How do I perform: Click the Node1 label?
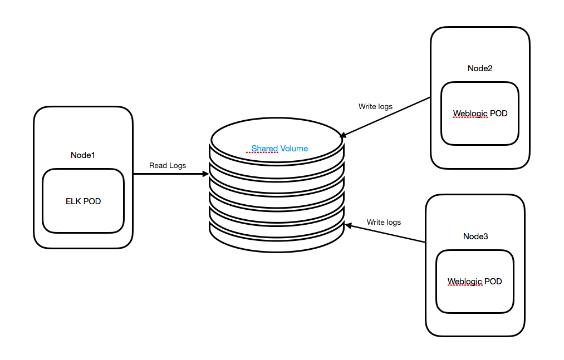coord(83,155)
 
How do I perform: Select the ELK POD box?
coord(83,201)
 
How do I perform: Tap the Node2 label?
coord(480,68)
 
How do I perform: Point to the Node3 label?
coord(475,236)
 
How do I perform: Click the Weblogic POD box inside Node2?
coord(480,114)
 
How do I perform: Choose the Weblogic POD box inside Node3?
coord(474,282)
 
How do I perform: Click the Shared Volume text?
coord(279,149)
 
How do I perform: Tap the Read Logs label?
coord(168,166)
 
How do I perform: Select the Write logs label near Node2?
coord(375,106)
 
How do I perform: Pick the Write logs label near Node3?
coord(384,223)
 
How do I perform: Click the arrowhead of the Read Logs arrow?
coord(205,174)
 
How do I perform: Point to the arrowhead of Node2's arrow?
coord(343,135)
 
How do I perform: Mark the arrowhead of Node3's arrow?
coord(348,225)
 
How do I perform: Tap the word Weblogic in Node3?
coord(465,282)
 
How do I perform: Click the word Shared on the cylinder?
coord(264,149)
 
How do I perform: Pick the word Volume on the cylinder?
coord(294,149)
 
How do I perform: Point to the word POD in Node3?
coord(493,282)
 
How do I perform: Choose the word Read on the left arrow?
coord(158,166)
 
